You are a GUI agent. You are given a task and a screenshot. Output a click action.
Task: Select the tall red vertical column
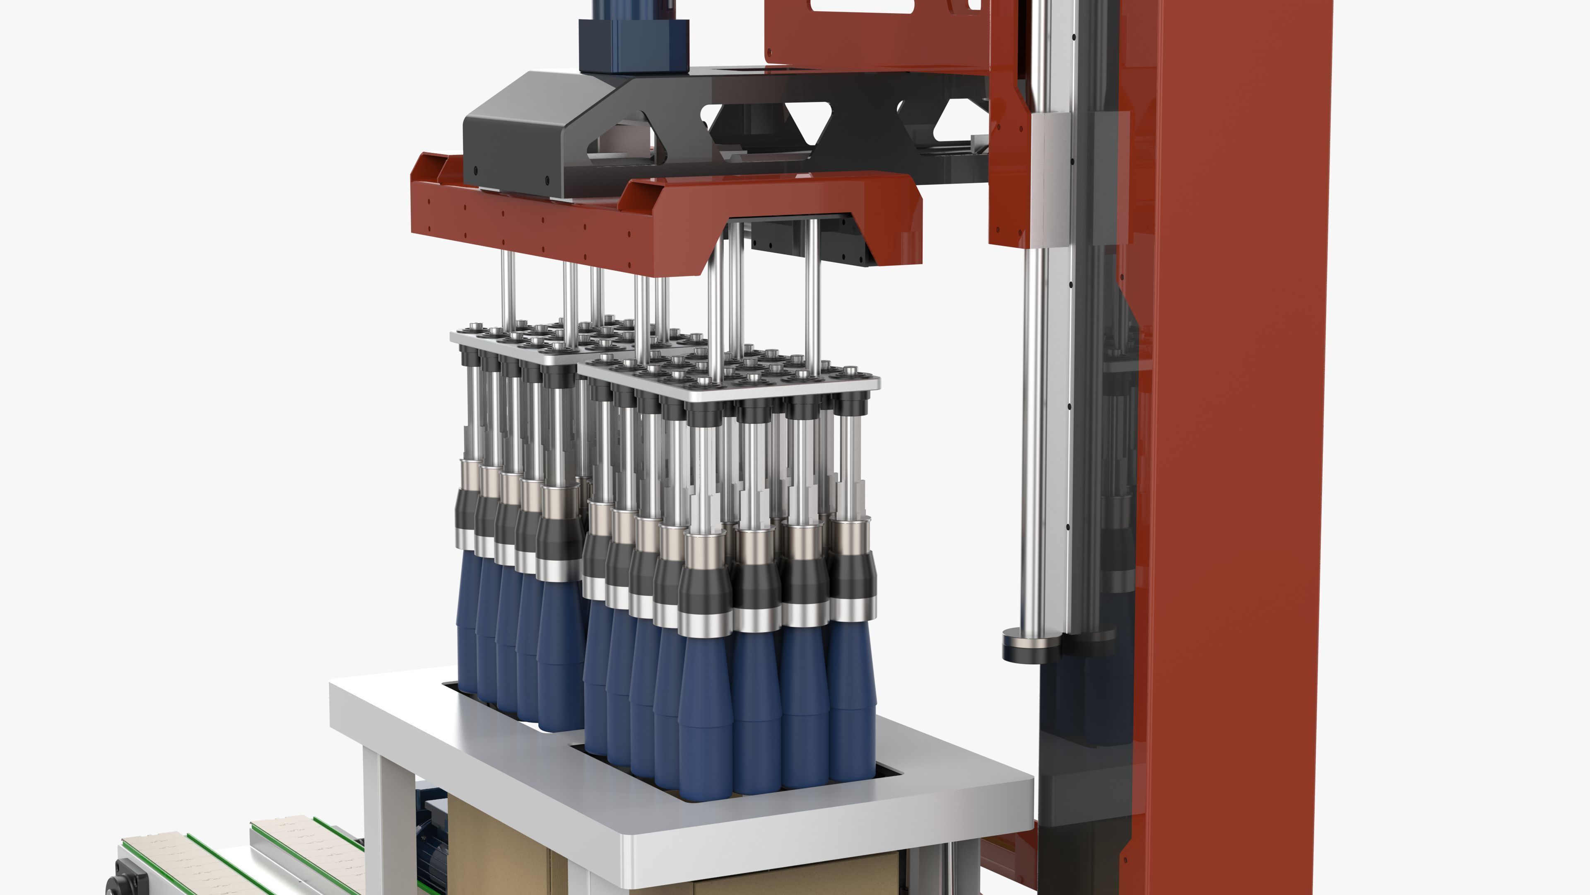tap(1234, 432)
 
